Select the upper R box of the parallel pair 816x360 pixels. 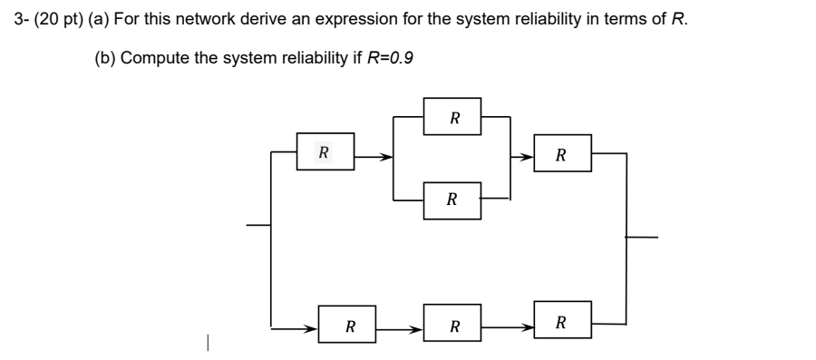453,117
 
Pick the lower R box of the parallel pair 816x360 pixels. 452,199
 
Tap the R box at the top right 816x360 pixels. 562,155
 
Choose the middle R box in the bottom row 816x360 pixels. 453,324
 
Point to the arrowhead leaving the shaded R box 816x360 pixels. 386,156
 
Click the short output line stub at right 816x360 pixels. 641,238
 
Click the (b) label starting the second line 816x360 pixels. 106,58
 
